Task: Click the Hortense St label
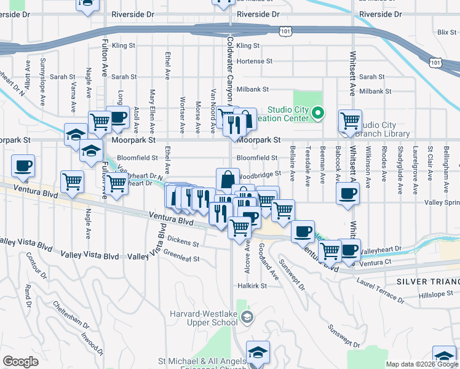click(254, 61)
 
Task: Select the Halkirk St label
click(252, 286)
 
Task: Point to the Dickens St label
click(182, 240)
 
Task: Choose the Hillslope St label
click(435, 295)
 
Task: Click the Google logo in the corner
click(20, 362)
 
